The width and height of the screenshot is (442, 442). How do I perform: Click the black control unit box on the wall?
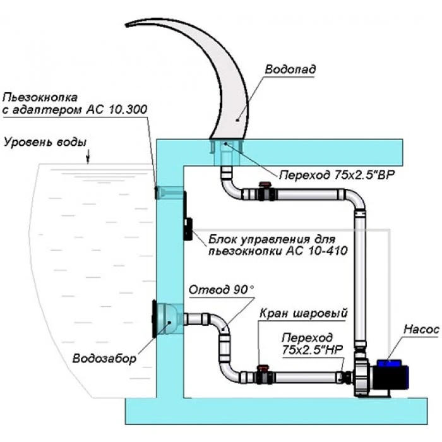pyautogui.click(x=188, y=229)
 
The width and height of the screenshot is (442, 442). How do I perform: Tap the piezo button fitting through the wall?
pyautogui.click(x=167, y=191)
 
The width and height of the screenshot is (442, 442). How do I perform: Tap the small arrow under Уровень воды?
pyautogui.click(x=90, y=155)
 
